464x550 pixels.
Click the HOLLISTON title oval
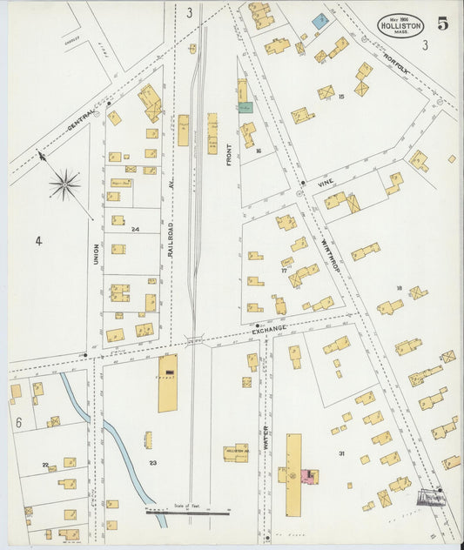[400, 24]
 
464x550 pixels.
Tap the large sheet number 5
[443, 23]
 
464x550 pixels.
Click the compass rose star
[64, 184]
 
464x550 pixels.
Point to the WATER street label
[266, 435]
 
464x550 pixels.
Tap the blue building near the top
[321, 21]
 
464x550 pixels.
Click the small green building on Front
[245, 107]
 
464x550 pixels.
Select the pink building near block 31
[306, 475]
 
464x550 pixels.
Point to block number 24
[135, 229]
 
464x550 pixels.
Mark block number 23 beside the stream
[152, 462]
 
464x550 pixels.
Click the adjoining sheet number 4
[38, 239]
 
